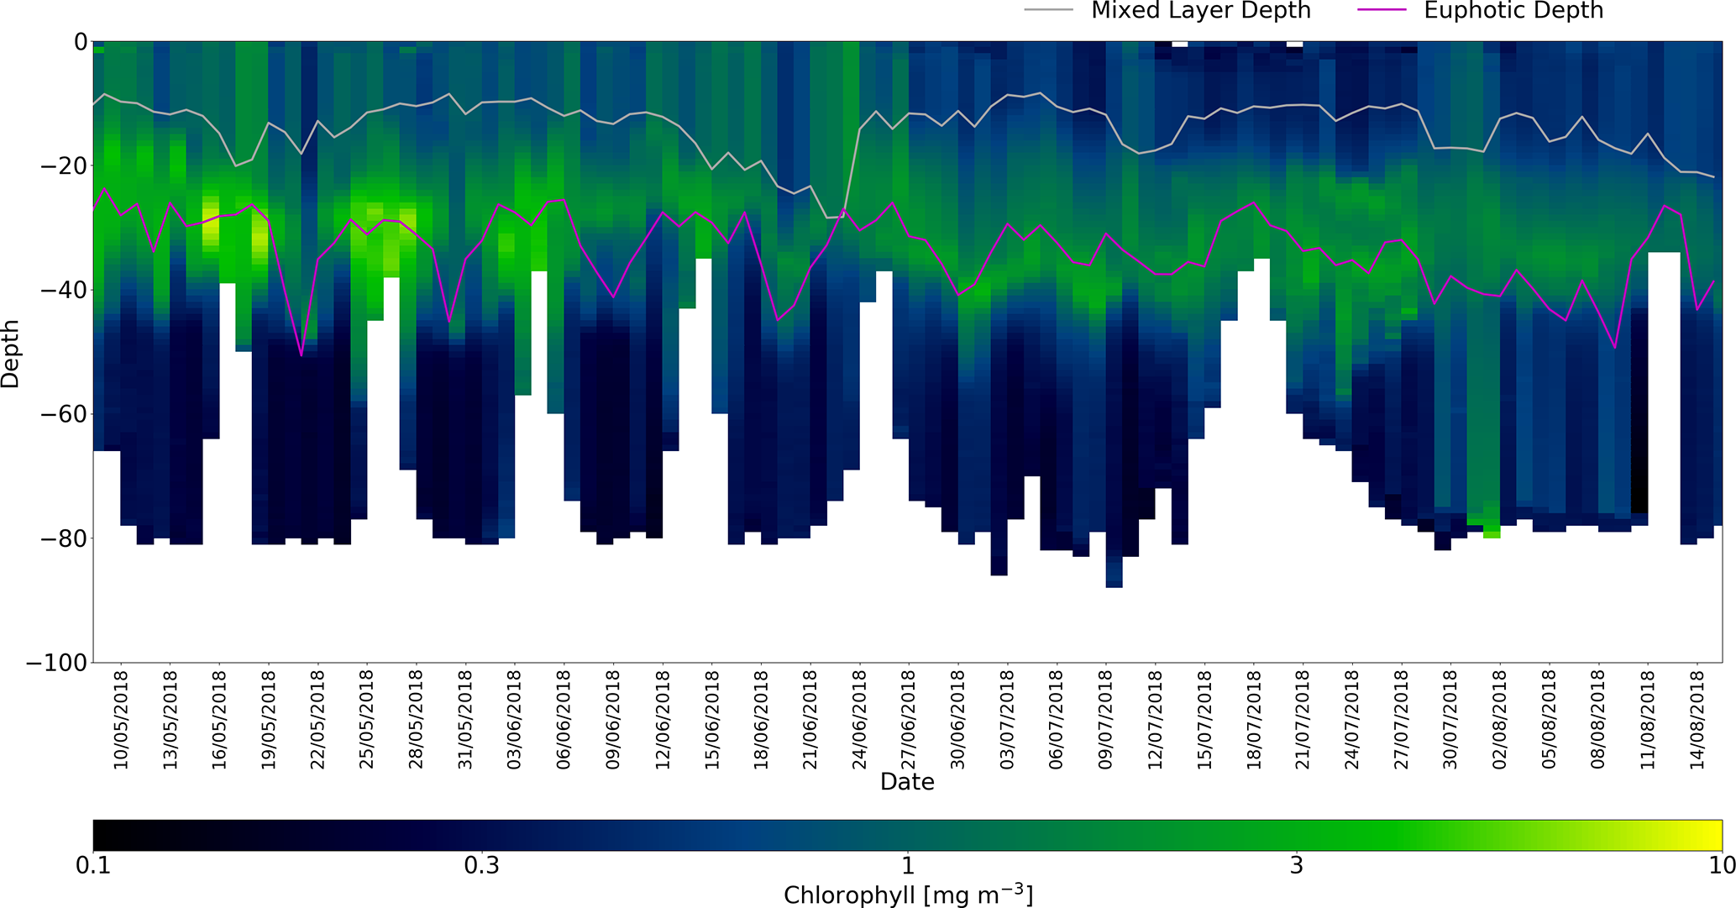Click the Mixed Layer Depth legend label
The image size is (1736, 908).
coord(1200,11)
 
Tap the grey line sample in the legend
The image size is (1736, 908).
coord(1049,10)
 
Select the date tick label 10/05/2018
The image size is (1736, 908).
coord(122,719)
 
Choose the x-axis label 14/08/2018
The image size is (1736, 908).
coord(1697,719)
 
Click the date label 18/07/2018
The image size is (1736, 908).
coord(1254,719)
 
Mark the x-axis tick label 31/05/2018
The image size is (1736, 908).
coord(466,719)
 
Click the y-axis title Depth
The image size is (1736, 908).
coord(11,353)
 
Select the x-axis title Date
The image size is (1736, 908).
coord(907,782)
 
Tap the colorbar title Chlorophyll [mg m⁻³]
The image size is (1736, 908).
coord(907,895)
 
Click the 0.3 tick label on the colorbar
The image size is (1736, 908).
coord(482,865)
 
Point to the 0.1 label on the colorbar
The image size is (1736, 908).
coord(93,865)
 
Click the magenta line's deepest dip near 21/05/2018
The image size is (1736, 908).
coord(302,356)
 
